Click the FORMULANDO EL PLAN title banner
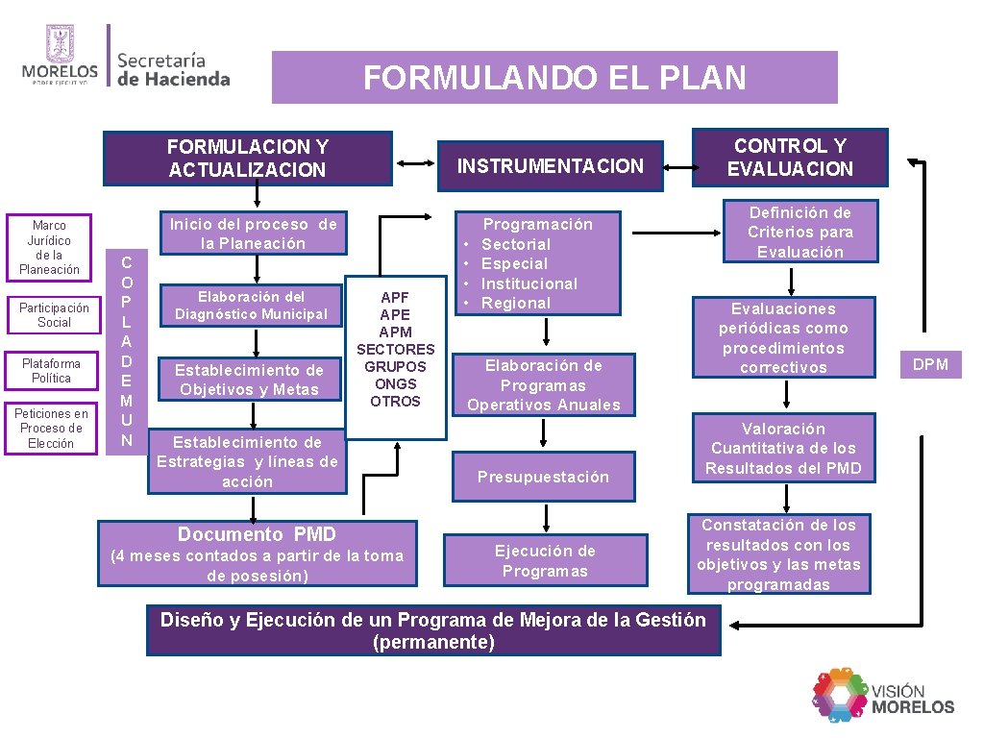pyautogui.click(x=554, y=77)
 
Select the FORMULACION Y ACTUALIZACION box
pyautogui.click(x=248, y=159)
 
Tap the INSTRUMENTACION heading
pyautogui.click(x=550, y=166)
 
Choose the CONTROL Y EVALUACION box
pyautogui.click(x=790, y=158)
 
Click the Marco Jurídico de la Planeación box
pyautogui.click(x=54, y=248)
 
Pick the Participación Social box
pyautogui.click(x=54, y=315)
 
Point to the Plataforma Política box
pyautogui.click(x=54, y=371)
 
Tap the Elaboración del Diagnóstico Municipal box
pyautogui.click(x=251, y=306)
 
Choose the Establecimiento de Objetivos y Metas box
pyautogui.click(x=249, y=379)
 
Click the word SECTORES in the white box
pyautogui.click(x=396, y=349)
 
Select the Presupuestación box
pyautogui.click(x=543, y=477)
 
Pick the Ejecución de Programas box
pyautogui.click(x=545, y=561)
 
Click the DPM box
pyautogui.click(x=929, y=364)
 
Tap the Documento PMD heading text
pyautogui.click(x=257, y=534)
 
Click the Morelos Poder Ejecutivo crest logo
pyautogui.click(x=60, y=55)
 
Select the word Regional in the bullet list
pyautogui.click(x=516, y=303)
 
